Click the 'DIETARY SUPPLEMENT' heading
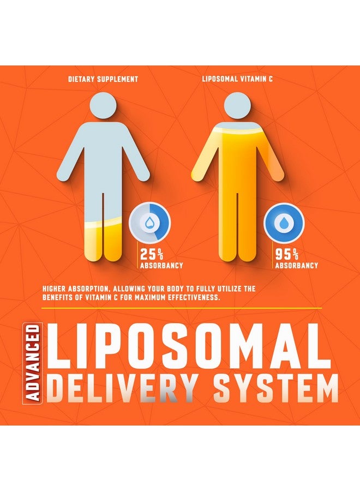(103, 79)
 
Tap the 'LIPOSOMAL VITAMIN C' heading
(237, 79)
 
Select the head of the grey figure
(103, 107)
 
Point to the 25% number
(151, 254)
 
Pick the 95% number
(286, 254)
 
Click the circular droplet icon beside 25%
(150, 223)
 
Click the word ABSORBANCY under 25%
(161, 266)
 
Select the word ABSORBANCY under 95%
(296, 266)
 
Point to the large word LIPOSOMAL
(191, 348)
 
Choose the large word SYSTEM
(275, 390)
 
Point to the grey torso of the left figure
(103, 158)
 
